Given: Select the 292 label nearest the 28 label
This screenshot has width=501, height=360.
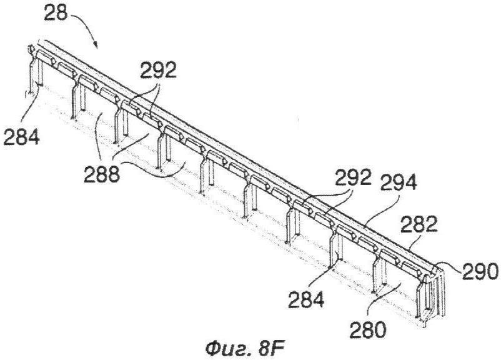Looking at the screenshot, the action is (x=158, y=71).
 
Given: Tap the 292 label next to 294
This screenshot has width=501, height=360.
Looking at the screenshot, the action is (x=353, y=177).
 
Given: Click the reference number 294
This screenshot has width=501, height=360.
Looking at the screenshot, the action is (x=399, y=182).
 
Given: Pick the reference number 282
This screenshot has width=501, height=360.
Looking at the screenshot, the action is (x=419, y=225).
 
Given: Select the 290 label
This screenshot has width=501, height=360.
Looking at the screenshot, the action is (x=479, y=271).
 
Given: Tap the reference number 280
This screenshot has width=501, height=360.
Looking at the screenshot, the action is (x=367, y=330).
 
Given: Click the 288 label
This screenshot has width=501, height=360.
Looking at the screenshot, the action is (x=102, y=174).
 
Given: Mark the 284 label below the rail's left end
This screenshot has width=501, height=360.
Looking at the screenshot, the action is (x=21, y=137).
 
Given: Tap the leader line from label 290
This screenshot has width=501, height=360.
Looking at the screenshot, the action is (x=449, y=266).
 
